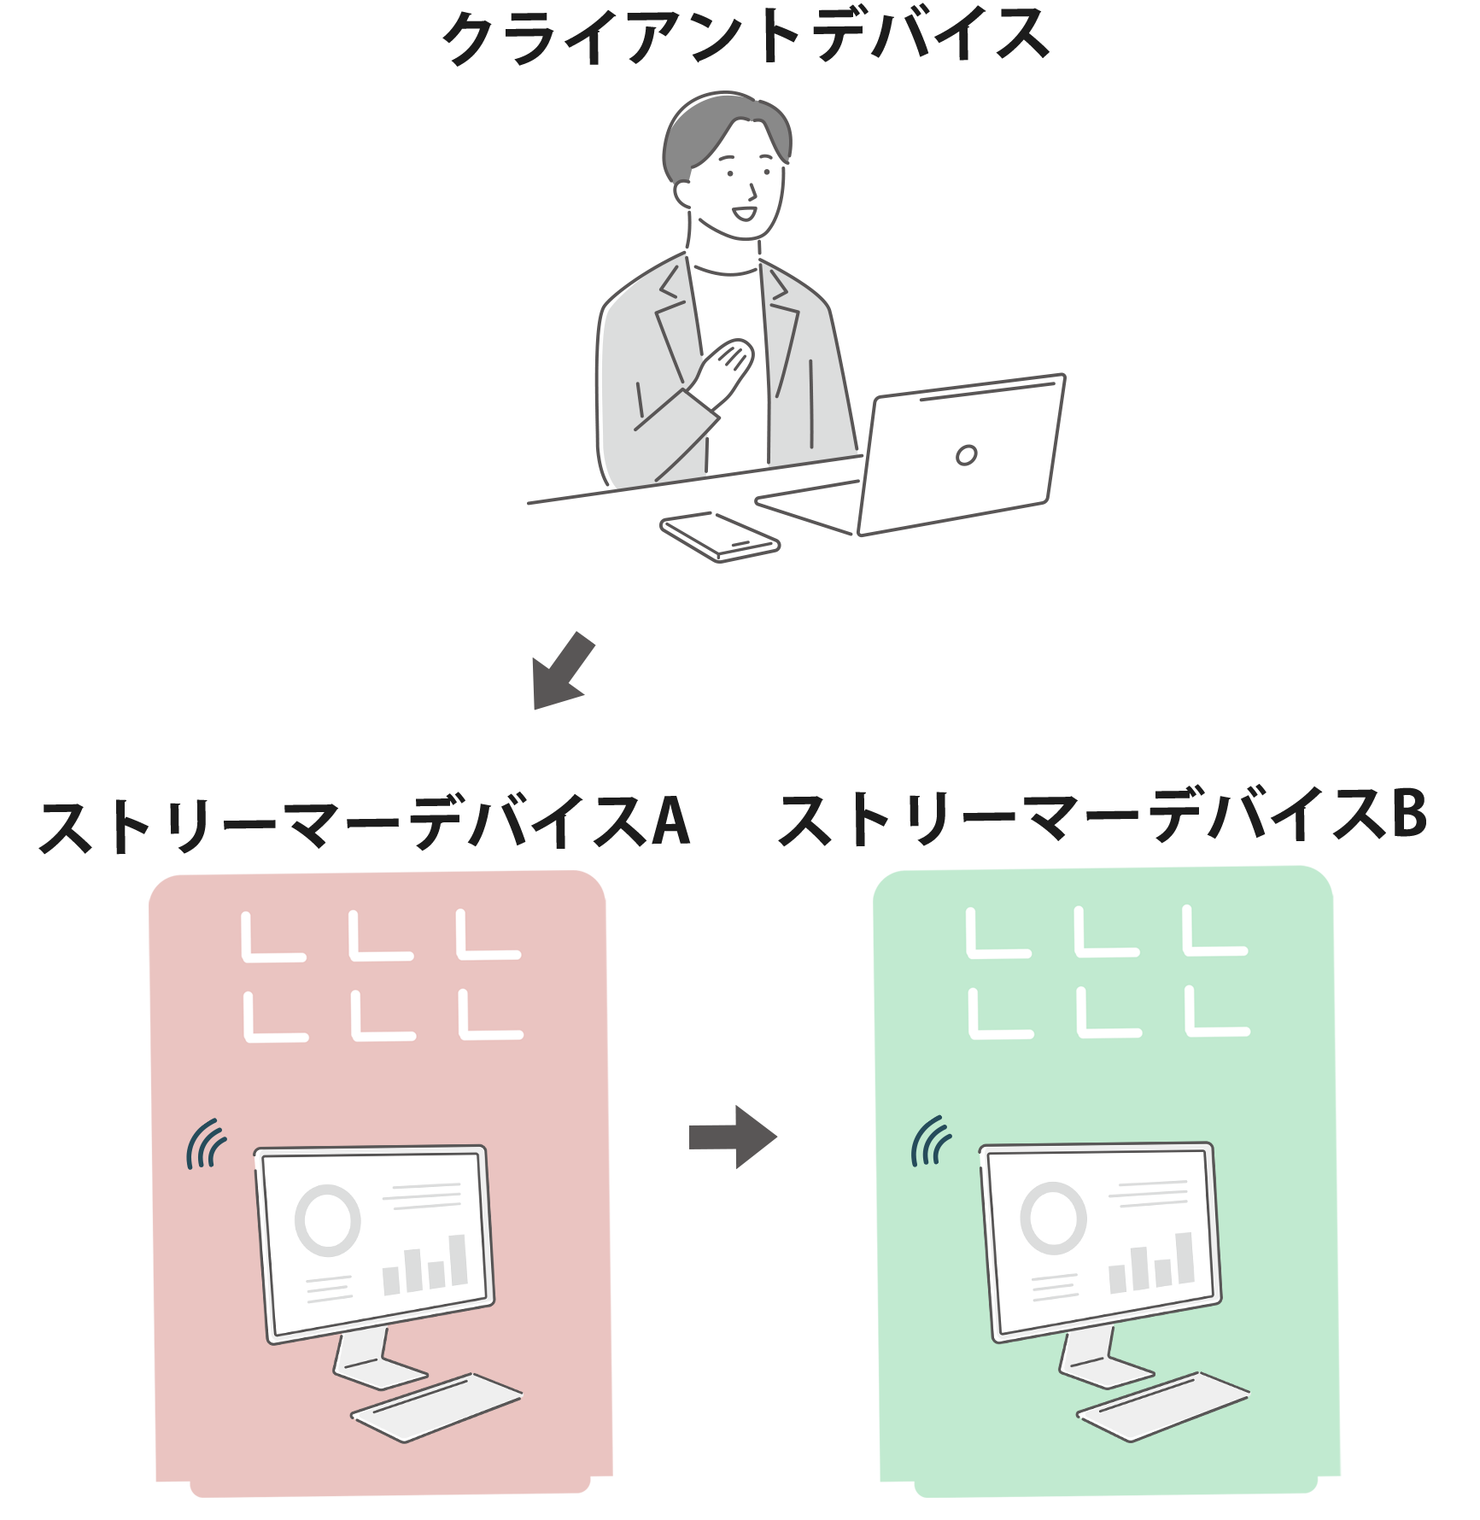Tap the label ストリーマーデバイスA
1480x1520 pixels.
(365, 824)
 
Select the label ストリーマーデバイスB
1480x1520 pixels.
(1103, 818)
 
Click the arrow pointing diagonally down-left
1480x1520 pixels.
(562, 671)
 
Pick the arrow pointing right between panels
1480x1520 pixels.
(733, 1137)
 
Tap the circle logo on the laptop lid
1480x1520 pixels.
(966, 455)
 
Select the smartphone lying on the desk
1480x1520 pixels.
(719, 536)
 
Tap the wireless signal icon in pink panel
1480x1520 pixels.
(206, 1144)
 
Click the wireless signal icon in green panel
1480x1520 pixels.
(931, 1141)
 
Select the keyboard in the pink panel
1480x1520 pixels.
(436, 1407)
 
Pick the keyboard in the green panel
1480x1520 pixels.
(1162, 1406)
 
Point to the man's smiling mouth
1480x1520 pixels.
(745, 213)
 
